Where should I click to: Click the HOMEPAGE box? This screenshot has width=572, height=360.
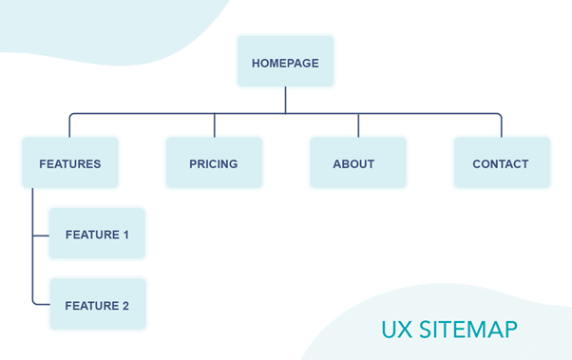[x=285, y=63]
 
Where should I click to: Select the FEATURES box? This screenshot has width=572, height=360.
[x=69, y=163]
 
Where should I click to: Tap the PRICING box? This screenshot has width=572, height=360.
[x=213, y=163]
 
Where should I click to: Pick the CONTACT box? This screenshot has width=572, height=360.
[x=501, y=163]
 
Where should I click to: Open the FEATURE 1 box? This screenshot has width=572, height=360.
[x=97, y=234]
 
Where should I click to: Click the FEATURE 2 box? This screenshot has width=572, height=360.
[x=97, y=305]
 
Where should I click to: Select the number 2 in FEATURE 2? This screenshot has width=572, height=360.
[x=124, y=306]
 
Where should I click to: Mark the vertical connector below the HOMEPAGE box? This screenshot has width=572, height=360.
[x=285, y=100]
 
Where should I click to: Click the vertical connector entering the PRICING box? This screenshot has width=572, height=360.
[x=214, y=125]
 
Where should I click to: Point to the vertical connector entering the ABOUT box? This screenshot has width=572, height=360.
[x=358, y=125]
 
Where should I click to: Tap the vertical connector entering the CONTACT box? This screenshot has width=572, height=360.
[x=501, y=125]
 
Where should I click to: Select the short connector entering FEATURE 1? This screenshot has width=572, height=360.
[x=40, y=234]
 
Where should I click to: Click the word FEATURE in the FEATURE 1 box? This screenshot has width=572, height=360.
[x=91, y=234]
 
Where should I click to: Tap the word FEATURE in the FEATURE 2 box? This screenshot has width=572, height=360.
[x=91, y=306]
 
